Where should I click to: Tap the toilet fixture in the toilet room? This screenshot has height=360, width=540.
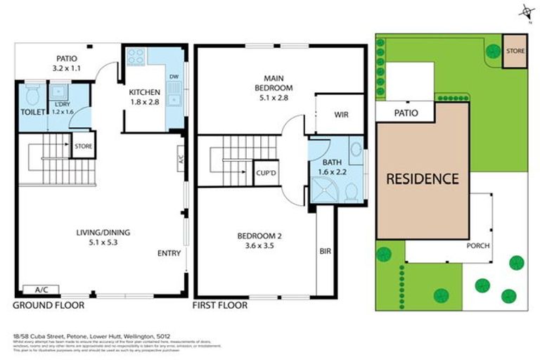pos(32,94)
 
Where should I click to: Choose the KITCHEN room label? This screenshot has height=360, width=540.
pos(145,92)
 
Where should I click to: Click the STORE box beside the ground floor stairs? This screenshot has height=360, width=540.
pos(84,146)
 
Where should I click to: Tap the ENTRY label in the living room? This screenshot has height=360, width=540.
pos(169,254)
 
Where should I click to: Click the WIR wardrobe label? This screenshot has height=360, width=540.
pos(342,114)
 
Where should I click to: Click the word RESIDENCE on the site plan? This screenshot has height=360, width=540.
pos(423,179)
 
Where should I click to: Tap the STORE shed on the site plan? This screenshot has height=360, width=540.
pos(515,51)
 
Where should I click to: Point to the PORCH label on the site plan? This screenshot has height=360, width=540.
pos(478,246)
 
